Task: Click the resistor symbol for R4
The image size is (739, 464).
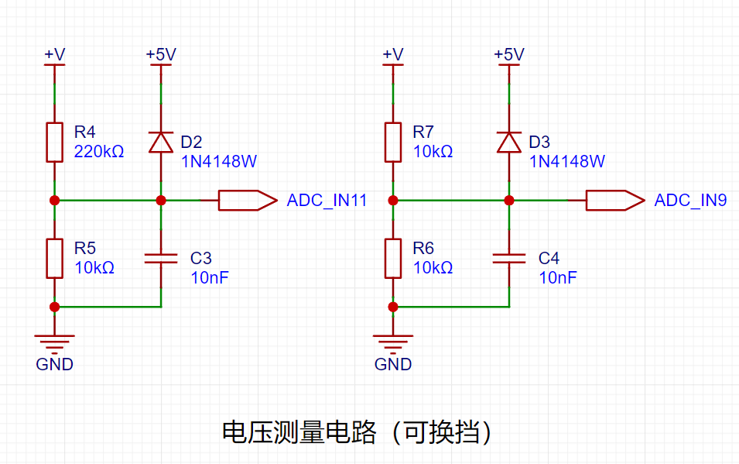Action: tap(55, 143)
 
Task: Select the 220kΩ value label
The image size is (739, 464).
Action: tap(99, 152)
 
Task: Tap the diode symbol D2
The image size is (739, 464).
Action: tap(161, 143)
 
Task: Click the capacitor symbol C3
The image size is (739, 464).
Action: tap(161, 258)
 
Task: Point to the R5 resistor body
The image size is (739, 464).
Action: tap(55, 259)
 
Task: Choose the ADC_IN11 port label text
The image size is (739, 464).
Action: tap(327, 200)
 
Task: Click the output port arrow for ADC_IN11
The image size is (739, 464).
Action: tap(248, 200)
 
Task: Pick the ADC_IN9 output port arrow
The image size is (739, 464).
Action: tap(615, 200)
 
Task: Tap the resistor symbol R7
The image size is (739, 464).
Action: tap(393, 143)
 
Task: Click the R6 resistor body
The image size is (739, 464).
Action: tap(393, 259)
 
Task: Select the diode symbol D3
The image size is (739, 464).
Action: tap(509, 143)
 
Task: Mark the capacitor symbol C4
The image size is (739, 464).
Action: tap(509, 258)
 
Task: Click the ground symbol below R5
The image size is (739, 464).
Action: tap(55, 344)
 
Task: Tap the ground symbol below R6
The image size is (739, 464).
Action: tap(393, 344)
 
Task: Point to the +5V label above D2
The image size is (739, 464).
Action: tap(161, 54)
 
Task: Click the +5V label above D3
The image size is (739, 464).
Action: tap(509, 54)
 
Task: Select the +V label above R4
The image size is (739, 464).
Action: tap(55, 54)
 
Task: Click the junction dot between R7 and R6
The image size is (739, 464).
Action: tap(393, 201)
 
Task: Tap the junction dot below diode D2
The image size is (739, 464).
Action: tap(161, 201)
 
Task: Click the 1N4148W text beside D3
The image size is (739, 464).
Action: tap(567, 161)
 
